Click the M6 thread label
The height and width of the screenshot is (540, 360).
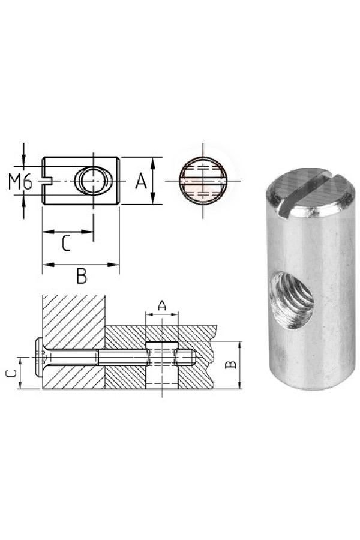pyautogui.click(x=20, y=181)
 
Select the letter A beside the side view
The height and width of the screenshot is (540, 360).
pyautogui.click(x=140, y=181)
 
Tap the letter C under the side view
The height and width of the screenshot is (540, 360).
pyautogui.click(x=66, y=243)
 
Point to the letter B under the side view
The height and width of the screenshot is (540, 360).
pyautogui.click(x=82, y=276)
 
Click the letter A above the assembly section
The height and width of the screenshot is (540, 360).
pyautogui.click(x=162, y=305)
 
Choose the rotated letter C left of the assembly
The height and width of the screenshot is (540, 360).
pyautogui.click(x=12, y=374)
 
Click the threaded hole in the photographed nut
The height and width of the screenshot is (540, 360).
pyautogui.click(x=292, y=299)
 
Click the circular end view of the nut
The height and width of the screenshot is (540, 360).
pyautogui.click(x=203, y=181)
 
